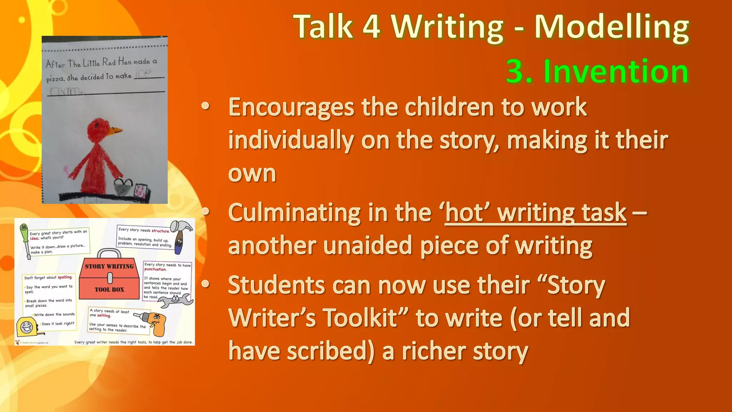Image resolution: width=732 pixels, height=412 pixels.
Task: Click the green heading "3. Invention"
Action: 597,72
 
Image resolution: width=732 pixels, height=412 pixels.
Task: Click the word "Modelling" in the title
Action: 612,27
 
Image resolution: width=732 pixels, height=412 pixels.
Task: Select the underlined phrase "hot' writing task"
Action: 535,213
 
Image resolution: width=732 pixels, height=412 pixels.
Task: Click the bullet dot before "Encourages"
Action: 205,106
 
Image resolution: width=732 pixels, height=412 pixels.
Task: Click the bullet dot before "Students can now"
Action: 205,284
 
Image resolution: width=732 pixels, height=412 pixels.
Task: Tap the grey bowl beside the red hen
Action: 123,187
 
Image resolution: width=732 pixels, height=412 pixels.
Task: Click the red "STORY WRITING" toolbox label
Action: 109,266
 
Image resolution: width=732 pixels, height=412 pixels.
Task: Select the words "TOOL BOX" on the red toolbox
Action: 109,290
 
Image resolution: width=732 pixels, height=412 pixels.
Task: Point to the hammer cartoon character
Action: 180,236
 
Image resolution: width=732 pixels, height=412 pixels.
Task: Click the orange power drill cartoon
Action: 154,322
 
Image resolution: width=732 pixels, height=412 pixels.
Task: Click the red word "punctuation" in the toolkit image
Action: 155,269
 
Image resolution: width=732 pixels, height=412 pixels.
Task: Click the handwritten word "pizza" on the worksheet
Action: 55,79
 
